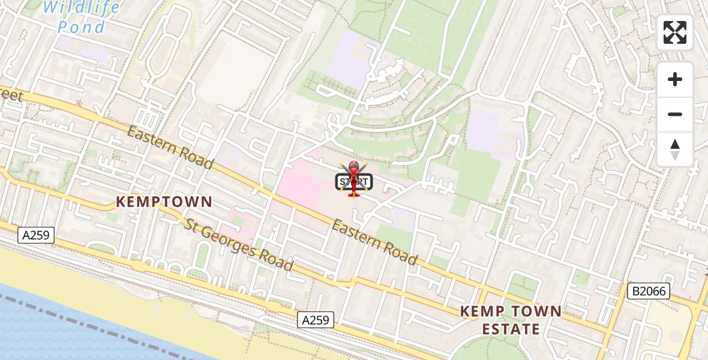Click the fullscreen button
[x=675, y=32]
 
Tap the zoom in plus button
[x=675, y=79]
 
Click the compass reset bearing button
[x=675, y=149]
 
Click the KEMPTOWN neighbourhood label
[x=164, y=202]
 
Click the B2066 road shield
[x=648, y=292]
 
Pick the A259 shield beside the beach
[x=316, y=320]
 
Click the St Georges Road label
[x=239, y=245]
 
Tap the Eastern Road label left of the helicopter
[x=170, y=148]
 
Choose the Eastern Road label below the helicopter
[x=374, y=242]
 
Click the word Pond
[x=82, y=27]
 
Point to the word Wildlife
[x=82, y=8]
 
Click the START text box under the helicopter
[x=354, y=182]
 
